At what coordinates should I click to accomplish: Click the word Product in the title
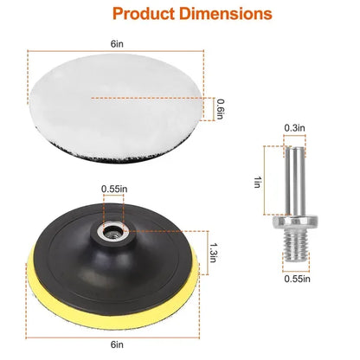click(x=141, y=15)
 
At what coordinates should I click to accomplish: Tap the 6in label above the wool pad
click(x=114, y=41)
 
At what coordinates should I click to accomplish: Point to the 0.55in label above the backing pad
click(x=113, y=189)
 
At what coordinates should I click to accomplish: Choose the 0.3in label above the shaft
click(x=294, y=128)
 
